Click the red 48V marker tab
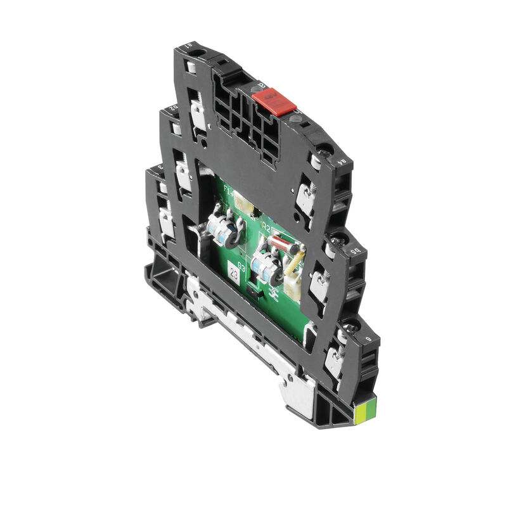tap(271, 101)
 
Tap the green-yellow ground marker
tap(367, 413)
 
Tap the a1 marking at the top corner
tap(188, 46)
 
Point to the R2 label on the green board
tap(266, 229)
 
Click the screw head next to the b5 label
tap(336, 241)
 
